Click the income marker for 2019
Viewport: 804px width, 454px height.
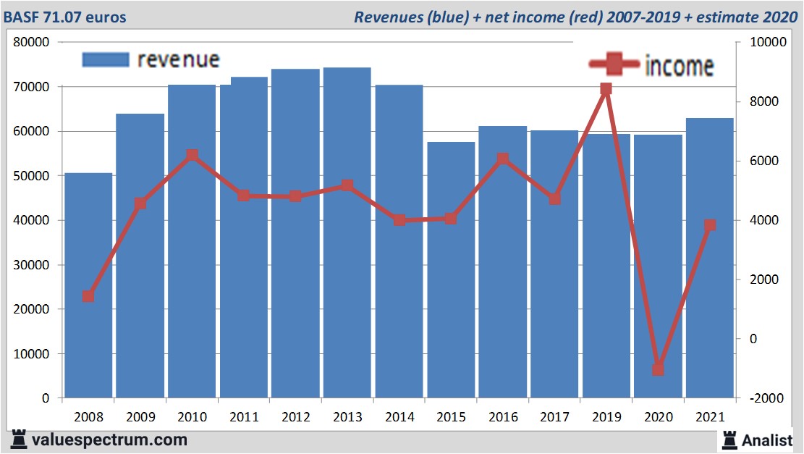coord(606,89)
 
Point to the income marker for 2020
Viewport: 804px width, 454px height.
coord(658,369)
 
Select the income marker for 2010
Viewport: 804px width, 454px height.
coord(192,155)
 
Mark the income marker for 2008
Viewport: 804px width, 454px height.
coord(88,296)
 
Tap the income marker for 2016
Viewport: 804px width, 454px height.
coord(503,159)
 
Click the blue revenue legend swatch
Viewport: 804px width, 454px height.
coord(106,59)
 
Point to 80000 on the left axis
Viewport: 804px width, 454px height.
coord(31,42)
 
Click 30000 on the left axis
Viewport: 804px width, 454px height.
coord(31,265)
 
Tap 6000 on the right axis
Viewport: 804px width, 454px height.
coord(763,161)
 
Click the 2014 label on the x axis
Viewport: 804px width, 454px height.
coord(399,417)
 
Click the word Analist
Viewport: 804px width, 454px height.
coord(767,440)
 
